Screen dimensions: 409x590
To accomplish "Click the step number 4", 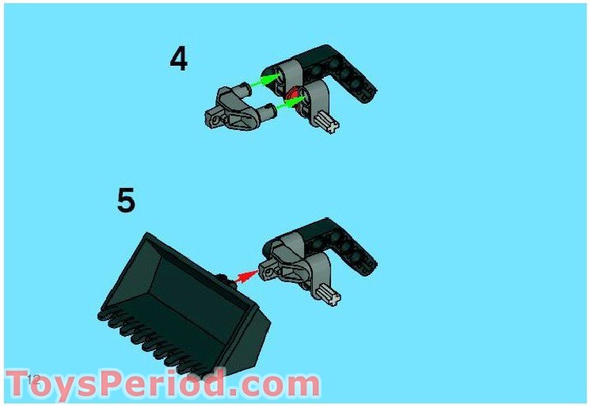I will coord(179,59).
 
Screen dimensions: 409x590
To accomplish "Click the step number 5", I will coord(126,200).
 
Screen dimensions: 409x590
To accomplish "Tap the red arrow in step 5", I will coord(249,275).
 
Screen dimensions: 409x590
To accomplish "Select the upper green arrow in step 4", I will coord(266,80).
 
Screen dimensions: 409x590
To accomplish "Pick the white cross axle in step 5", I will coord(330,295).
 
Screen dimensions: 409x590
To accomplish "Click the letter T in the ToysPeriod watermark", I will coord(21,384).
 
